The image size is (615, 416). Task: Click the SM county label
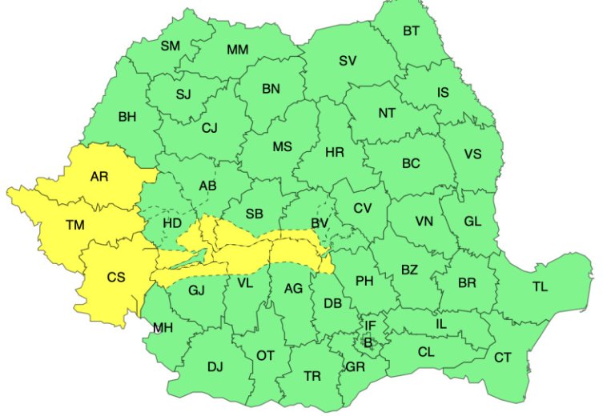170,46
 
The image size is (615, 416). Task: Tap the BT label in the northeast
411,31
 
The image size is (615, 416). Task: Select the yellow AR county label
99,176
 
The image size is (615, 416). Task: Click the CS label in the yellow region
116,278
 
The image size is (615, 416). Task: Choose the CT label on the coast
502,358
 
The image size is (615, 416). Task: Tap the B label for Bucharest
368,342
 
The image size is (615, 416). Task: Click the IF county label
370,326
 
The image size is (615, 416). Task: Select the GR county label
355,367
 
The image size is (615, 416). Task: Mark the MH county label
163,328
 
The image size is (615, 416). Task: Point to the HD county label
172,222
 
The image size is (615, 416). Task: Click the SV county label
347,60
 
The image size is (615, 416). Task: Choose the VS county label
472,154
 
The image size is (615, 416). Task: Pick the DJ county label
215,367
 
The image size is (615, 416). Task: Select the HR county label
334,150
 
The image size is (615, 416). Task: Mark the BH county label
127,117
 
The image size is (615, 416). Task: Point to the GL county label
472,222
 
